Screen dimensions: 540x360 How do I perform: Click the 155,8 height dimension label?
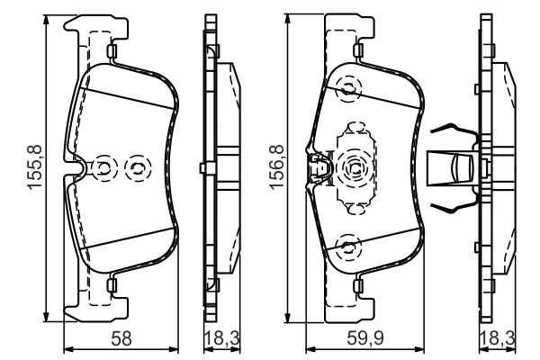35,167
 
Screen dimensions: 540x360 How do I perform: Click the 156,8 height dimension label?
277,167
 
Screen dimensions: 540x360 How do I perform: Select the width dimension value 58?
121,338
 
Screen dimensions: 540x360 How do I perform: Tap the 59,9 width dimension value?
365,338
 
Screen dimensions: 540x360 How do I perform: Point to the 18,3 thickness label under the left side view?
222,338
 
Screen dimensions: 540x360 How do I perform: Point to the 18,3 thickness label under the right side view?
498,338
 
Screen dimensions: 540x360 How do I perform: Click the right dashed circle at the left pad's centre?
138,168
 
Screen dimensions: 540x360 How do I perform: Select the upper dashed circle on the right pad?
349,89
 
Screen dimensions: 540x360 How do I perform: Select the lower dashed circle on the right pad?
349,247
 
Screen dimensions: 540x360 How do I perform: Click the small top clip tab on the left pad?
112,51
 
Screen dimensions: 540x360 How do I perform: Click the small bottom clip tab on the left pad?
112,285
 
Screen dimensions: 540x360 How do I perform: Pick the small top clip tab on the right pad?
358,50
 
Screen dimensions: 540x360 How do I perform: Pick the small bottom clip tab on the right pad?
358,286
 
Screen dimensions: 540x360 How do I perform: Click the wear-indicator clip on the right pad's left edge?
319,167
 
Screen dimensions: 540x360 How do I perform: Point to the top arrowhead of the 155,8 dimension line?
46,20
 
